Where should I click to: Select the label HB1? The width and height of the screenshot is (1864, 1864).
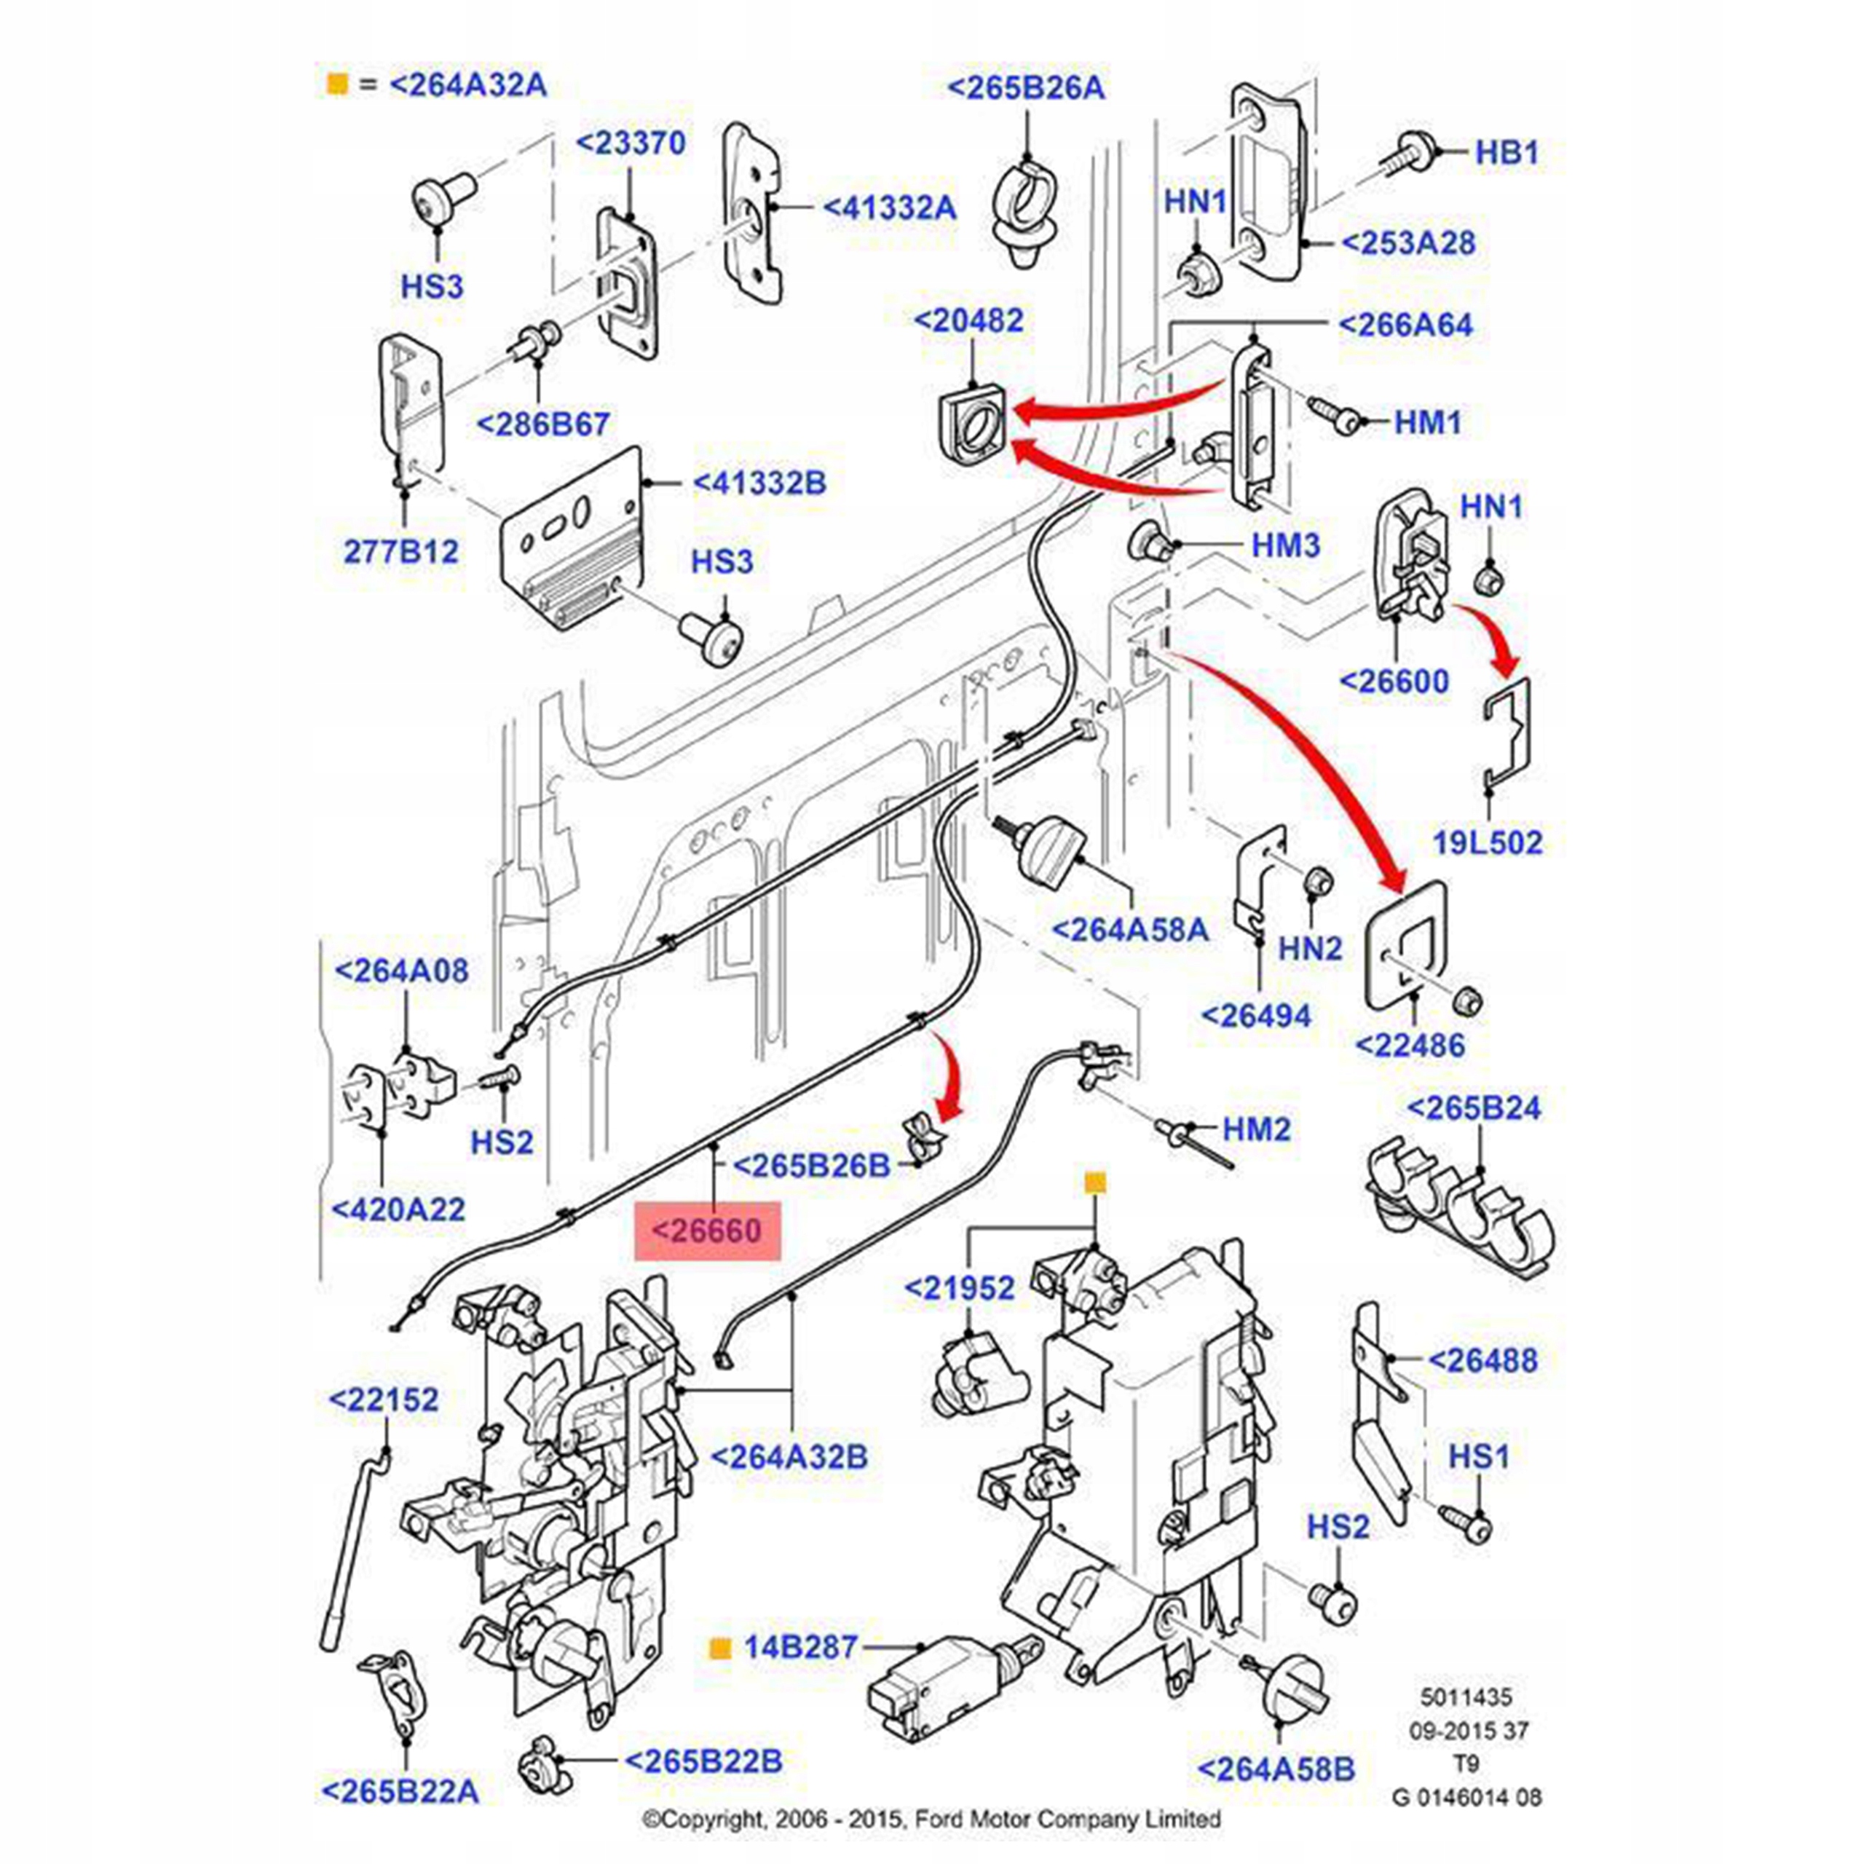coord(1507,152)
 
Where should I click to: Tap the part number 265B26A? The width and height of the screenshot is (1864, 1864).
coord(1026,88)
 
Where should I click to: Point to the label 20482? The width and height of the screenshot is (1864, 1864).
coord(968,320)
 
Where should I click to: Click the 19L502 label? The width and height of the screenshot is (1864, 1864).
coord(1487,842)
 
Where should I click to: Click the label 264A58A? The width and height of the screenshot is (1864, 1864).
coord(1129,930)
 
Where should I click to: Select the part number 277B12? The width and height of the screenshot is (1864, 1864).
coord(401,552)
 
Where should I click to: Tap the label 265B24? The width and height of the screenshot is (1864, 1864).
coord(1473,1107)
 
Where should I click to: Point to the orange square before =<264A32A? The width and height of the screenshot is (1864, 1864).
coord(336,85)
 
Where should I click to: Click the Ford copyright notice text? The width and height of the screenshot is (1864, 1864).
coord(931,1820)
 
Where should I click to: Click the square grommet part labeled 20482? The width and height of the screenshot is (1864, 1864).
coord(971,424)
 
